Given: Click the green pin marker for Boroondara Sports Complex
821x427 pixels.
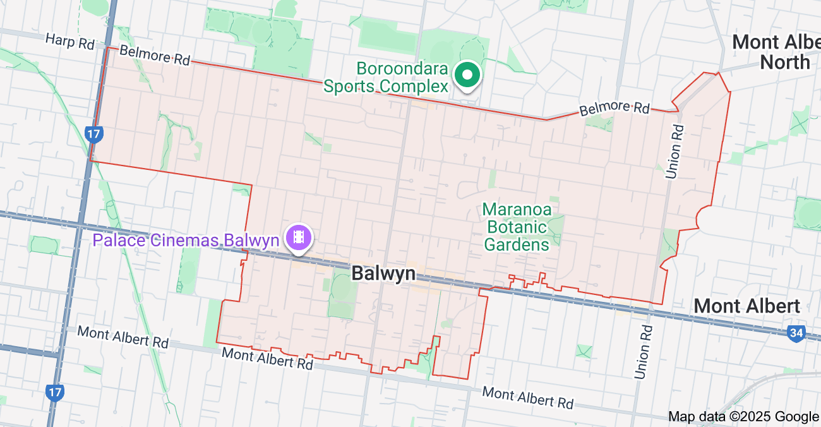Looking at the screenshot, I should tap(467, 75).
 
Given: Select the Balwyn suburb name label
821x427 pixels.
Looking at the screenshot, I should tap(383, 274).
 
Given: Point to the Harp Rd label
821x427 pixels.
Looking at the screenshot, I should tap(69, 42).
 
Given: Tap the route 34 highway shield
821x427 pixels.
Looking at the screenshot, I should tap(797, 332).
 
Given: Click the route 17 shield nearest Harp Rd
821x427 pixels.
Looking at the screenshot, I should tap(93, 134).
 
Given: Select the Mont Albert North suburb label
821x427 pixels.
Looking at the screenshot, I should tap(776, 52).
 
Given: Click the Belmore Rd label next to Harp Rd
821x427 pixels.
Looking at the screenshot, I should tap(154, 55).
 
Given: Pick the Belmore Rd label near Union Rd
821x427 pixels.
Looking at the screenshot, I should tap(614, 108).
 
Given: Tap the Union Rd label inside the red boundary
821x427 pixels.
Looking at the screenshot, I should tap(674, 152).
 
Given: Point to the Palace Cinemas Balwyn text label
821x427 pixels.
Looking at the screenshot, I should tap(186, 240).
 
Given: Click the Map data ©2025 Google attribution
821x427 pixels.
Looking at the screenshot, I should tap(743, 416).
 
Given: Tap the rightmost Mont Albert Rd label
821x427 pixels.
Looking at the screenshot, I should tap(527, 397).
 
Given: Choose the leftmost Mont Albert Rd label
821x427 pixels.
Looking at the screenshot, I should tap(123, 337).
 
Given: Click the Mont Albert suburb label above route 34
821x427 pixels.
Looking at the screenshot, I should tap(746, 306).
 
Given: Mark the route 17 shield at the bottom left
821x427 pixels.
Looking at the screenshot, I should tap(55, 392).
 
